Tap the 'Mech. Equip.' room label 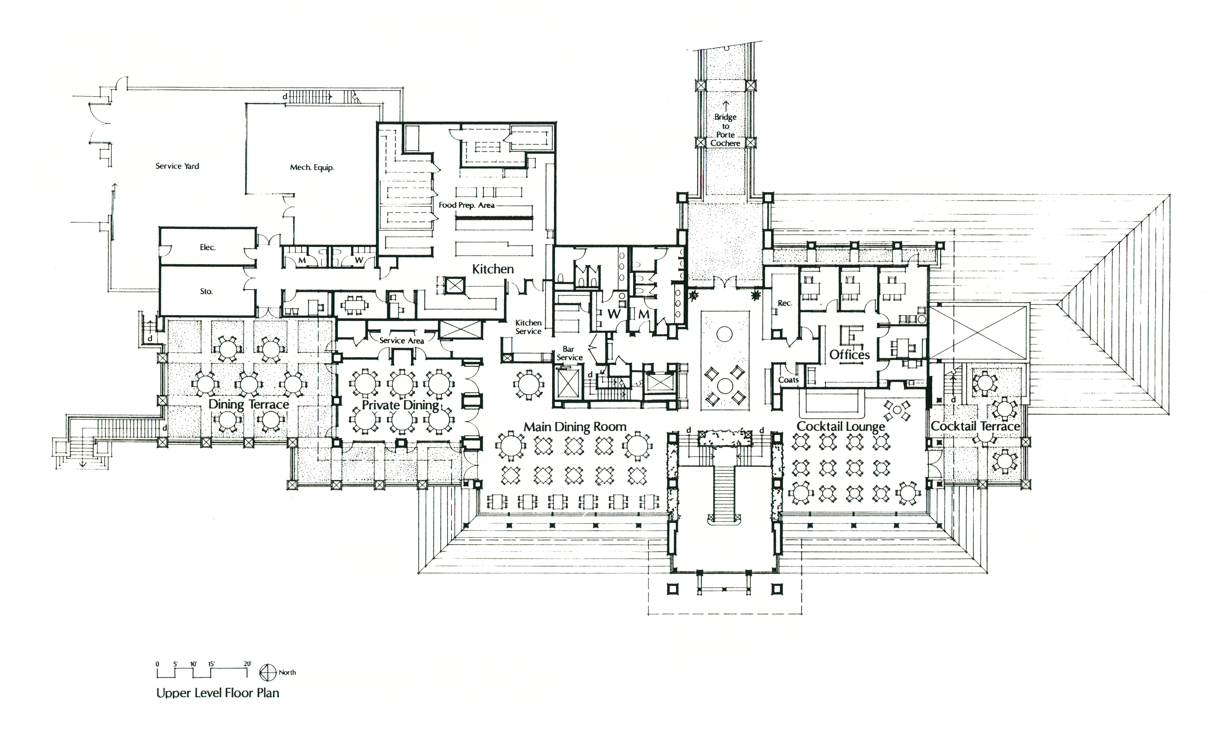(312, 167)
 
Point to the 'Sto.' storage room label (206, 291)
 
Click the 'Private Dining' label (400, 405)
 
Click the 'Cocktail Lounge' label (840, 427)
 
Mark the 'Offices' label (849, 355)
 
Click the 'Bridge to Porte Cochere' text (725, 130)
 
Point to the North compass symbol (268, 673)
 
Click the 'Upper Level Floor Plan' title (218, 693)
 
